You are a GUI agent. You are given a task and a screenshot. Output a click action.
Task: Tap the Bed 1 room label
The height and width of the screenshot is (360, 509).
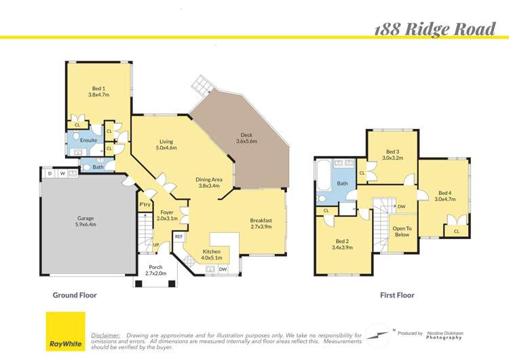click(x=99, y=92)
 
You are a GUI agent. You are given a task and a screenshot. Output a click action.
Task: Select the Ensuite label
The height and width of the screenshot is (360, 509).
click(x=88, y=141)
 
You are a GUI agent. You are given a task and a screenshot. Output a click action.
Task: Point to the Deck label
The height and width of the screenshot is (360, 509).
click(x=246, y=138)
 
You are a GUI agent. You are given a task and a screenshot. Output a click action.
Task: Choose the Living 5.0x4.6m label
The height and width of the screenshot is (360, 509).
click(x=166, y=145)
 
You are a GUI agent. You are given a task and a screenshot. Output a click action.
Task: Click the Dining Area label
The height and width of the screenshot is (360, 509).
click(x=209, y=182)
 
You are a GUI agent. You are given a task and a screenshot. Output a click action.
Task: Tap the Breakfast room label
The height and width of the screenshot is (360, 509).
click(x=261, y=223)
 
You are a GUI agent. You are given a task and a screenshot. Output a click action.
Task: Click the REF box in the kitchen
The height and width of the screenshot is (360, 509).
click(x=179, y=236)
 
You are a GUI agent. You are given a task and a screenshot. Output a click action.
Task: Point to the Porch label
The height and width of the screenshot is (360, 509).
click(x=155, y=270)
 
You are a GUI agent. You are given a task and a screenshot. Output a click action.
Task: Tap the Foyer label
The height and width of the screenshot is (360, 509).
click(x=167, y=215)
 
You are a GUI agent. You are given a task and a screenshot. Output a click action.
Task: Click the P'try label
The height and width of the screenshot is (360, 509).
click(x=145, y=204)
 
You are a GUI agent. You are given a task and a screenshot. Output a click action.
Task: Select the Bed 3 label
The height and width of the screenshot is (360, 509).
click(x=392, y=155)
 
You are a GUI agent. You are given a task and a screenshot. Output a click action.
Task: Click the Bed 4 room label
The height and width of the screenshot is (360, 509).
click(x=445, y=196)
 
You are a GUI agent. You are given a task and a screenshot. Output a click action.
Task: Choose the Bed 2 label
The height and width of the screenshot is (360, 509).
click(x=343, y=245)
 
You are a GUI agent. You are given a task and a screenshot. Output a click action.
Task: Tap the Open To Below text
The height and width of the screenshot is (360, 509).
click(x=402, y=232)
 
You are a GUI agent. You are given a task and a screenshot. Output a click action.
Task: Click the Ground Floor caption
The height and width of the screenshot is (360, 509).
click(x=75, y=295)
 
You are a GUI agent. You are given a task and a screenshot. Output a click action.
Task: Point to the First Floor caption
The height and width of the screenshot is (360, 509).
click(x=397, y=295)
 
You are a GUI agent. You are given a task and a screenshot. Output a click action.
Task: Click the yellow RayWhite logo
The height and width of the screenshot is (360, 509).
click(x=66, y=331)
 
